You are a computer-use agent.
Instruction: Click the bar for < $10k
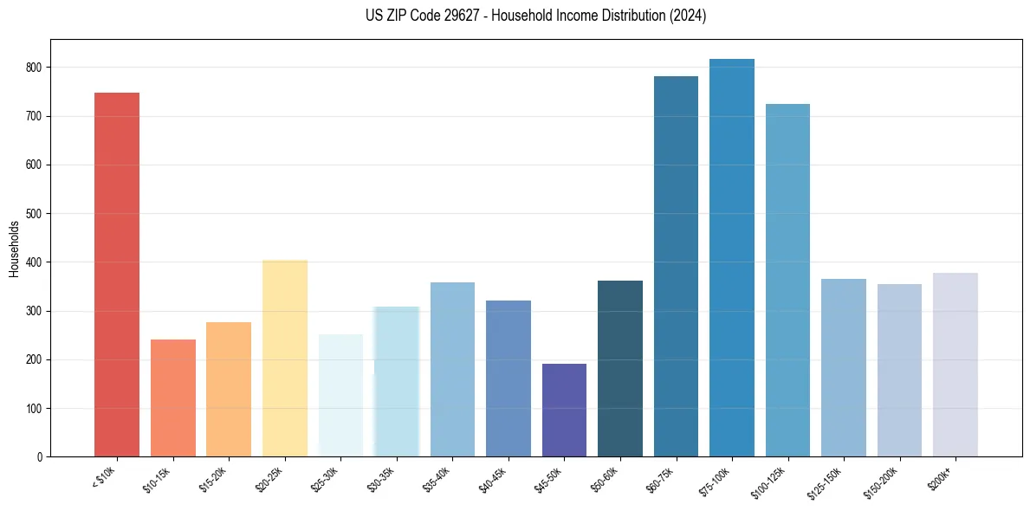(x=117, y=275)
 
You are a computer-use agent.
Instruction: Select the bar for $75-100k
(x=732, y=258)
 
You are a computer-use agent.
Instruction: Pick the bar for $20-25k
(x=285, y=358)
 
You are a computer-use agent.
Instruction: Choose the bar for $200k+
(x=955, y=365)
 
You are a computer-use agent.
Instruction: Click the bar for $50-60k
(x=620, y=368)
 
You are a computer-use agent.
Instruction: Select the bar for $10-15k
(x=173, y=398)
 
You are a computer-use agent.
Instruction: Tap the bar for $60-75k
(x=676, y=266)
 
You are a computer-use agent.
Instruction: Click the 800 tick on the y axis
(x=37, y=68)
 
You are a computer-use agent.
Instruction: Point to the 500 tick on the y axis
(x=37, y=214)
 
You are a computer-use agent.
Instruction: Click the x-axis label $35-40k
(x=441, y=478)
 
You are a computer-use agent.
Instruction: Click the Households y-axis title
(x=14, y=249)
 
